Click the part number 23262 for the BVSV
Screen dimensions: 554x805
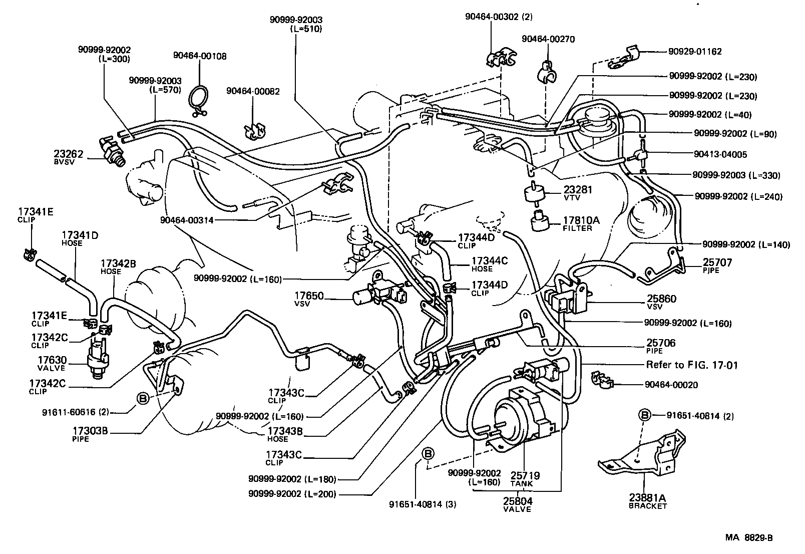pyautogui.click(x=69, y=154)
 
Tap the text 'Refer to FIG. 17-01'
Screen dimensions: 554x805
pyautogui.click(x=691, y=365)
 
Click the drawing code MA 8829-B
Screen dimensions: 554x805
pyautogui.click(x=749, y=538)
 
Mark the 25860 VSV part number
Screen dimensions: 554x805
pyautogui.click(x=661, y=299)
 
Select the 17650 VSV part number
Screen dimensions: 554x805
pyautogui.click(x=309, y=297)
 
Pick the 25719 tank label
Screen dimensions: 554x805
pyautogui.click(x=525, y=475)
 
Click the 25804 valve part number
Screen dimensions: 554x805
pyautogui.click(x=518, y=501)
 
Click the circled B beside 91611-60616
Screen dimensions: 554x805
pyautogui.click(x=143, y=399)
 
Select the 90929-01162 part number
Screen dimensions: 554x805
pyautogui.click(x=695, y=51)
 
